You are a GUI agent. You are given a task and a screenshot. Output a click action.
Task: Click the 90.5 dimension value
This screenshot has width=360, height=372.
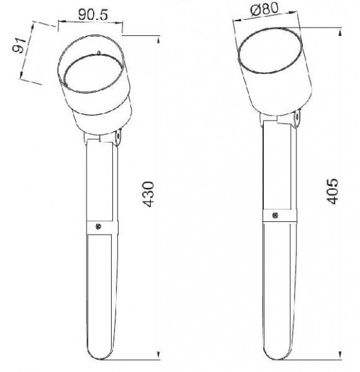tap(93, 15)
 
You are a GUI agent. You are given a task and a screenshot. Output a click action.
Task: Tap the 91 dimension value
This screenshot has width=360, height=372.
tap(20, 46)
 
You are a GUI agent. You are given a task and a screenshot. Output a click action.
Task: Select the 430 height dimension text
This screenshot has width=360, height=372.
tap(148, 194)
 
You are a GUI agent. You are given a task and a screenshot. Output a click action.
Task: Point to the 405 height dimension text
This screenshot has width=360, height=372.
tap(332, 191)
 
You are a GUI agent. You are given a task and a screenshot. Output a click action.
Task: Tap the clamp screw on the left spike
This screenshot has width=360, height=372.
tap(98, 226)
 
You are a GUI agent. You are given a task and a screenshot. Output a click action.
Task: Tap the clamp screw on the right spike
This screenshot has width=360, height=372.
tap(275, 216)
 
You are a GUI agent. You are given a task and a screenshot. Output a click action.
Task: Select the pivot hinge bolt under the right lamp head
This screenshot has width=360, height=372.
tap(297, 117)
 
